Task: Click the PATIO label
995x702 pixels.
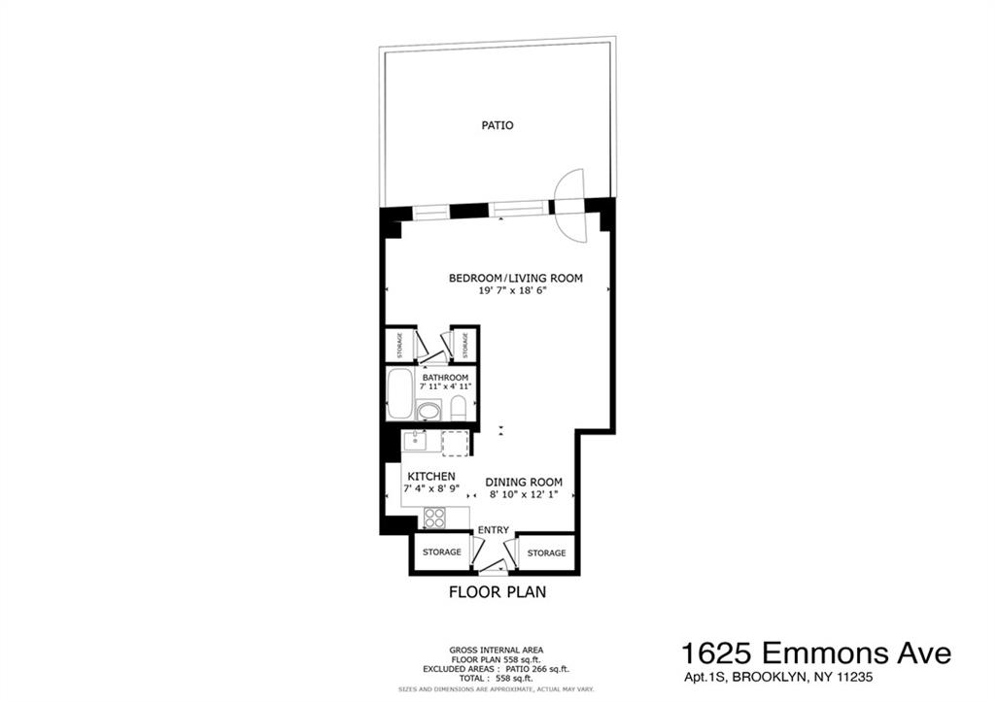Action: pyautogui.click(x=497, y=125)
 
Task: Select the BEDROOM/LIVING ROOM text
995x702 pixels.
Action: pyautogui.click(x=515, y=278)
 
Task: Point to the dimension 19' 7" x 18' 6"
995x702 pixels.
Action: pyautogui.click(x=515, y=291)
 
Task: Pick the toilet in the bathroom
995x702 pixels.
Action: pyautogui.click(x=459, y=406)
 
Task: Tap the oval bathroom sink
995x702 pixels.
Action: pyautogui.click(x=428, y=412)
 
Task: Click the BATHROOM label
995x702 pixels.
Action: pyautogui.click(x=445, y=377)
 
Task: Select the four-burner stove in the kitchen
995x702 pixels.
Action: pyautogui.click(x=434, y=518)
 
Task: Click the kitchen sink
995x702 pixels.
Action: pyautogui.click(x=416, y=442)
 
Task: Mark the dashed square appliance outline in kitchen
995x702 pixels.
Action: pyautogui.click(x=455, y=443)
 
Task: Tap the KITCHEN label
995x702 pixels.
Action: pyautogui.click(x=431, y=477)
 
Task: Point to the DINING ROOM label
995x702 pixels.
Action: pyautogui.click(x=524, y=482)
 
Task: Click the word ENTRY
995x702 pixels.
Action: pyautogui.click(x=493, y=529)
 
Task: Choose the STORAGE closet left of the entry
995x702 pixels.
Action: pyautogui.click(x=440, y=552)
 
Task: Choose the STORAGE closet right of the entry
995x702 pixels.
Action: pyautogui.click(x=546, y=552)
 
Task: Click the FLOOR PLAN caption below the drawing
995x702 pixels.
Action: pyautogui.click(x=497, y=591)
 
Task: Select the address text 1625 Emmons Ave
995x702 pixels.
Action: pyautogui.click(x=815, y=652)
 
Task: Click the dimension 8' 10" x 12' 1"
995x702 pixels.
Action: pyautogui.click(x=524, y=494)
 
